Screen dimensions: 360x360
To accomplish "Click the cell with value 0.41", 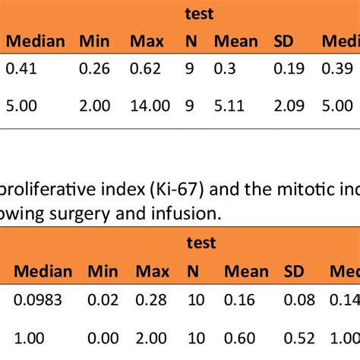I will (x=21, y=69).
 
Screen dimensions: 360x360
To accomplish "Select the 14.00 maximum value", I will (x=150, y=106).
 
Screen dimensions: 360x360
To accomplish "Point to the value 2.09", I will (x=287, y=106).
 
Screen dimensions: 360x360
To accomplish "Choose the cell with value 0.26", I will (x=94, y=69).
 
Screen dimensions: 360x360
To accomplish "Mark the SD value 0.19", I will (x=287, y=69).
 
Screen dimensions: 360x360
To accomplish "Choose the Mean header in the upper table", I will (x=235, y=40).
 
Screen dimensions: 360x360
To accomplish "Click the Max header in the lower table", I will (x=151, y=271).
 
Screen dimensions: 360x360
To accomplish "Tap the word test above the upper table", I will (x=200, y=14).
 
